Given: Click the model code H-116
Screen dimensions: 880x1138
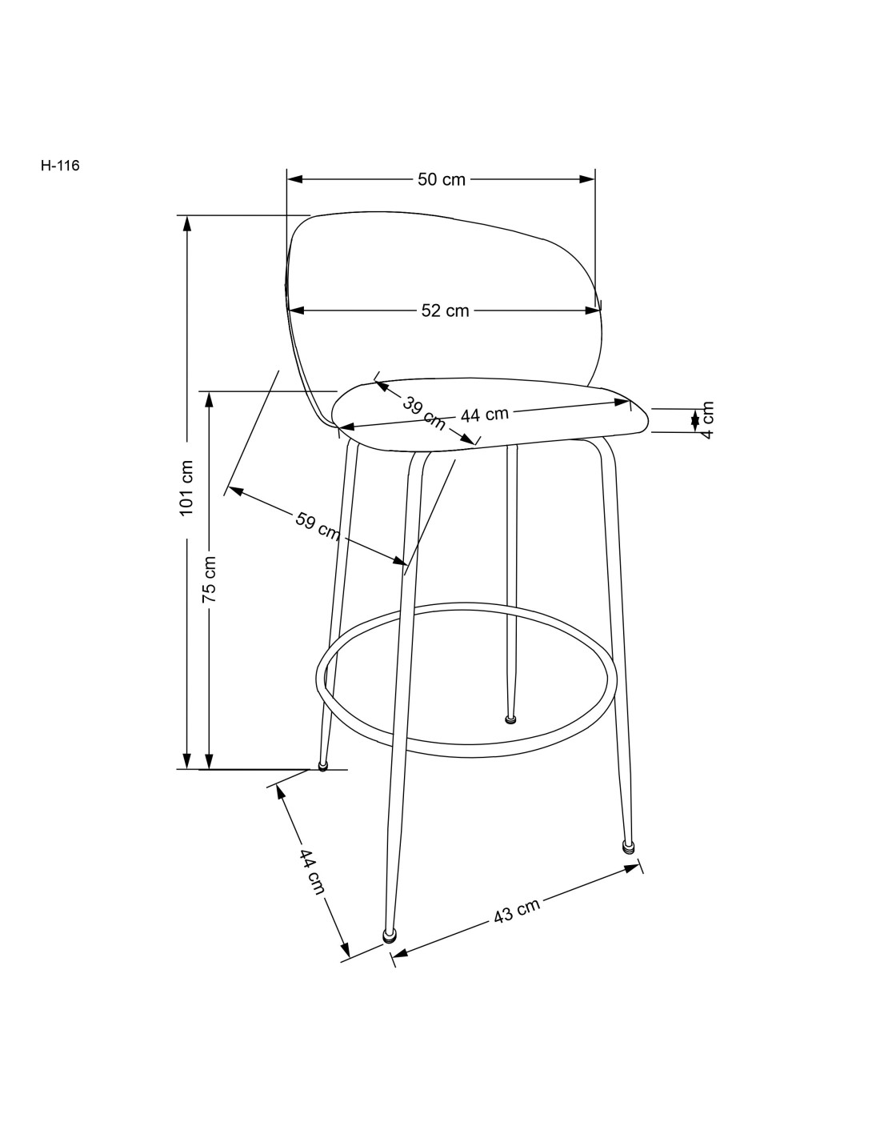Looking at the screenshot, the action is click(x=60, y=166).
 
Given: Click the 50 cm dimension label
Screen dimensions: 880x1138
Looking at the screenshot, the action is click(x=442, y=179).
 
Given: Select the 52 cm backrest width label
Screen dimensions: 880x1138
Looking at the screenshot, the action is click(x=445, y=311).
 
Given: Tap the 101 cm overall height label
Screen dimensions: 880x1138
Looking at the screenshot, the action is click(x=186, y=488).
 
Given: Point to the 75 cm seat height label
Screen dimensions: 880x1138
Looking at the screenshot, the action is click(x=209, y=578).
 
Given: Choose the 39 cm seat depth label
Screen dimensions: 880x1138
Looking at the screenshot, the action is click(x=423, y=413).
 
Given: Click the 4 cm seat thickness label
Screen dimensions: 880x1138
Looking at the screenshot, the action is click(x=707, y=420).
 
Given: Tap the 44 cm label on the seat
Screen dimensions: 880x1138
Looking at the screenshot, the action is click(x=484, y=415).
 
